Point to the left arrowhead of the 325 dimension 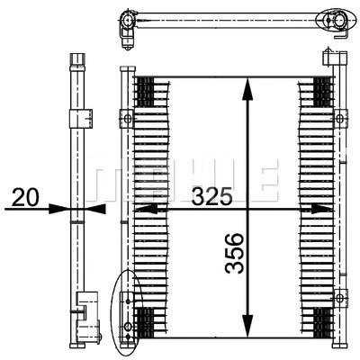[x=141, y=208]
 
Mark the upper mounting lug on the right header [x=340, y=118]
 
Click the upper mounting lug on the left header [x=126, y=118]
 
